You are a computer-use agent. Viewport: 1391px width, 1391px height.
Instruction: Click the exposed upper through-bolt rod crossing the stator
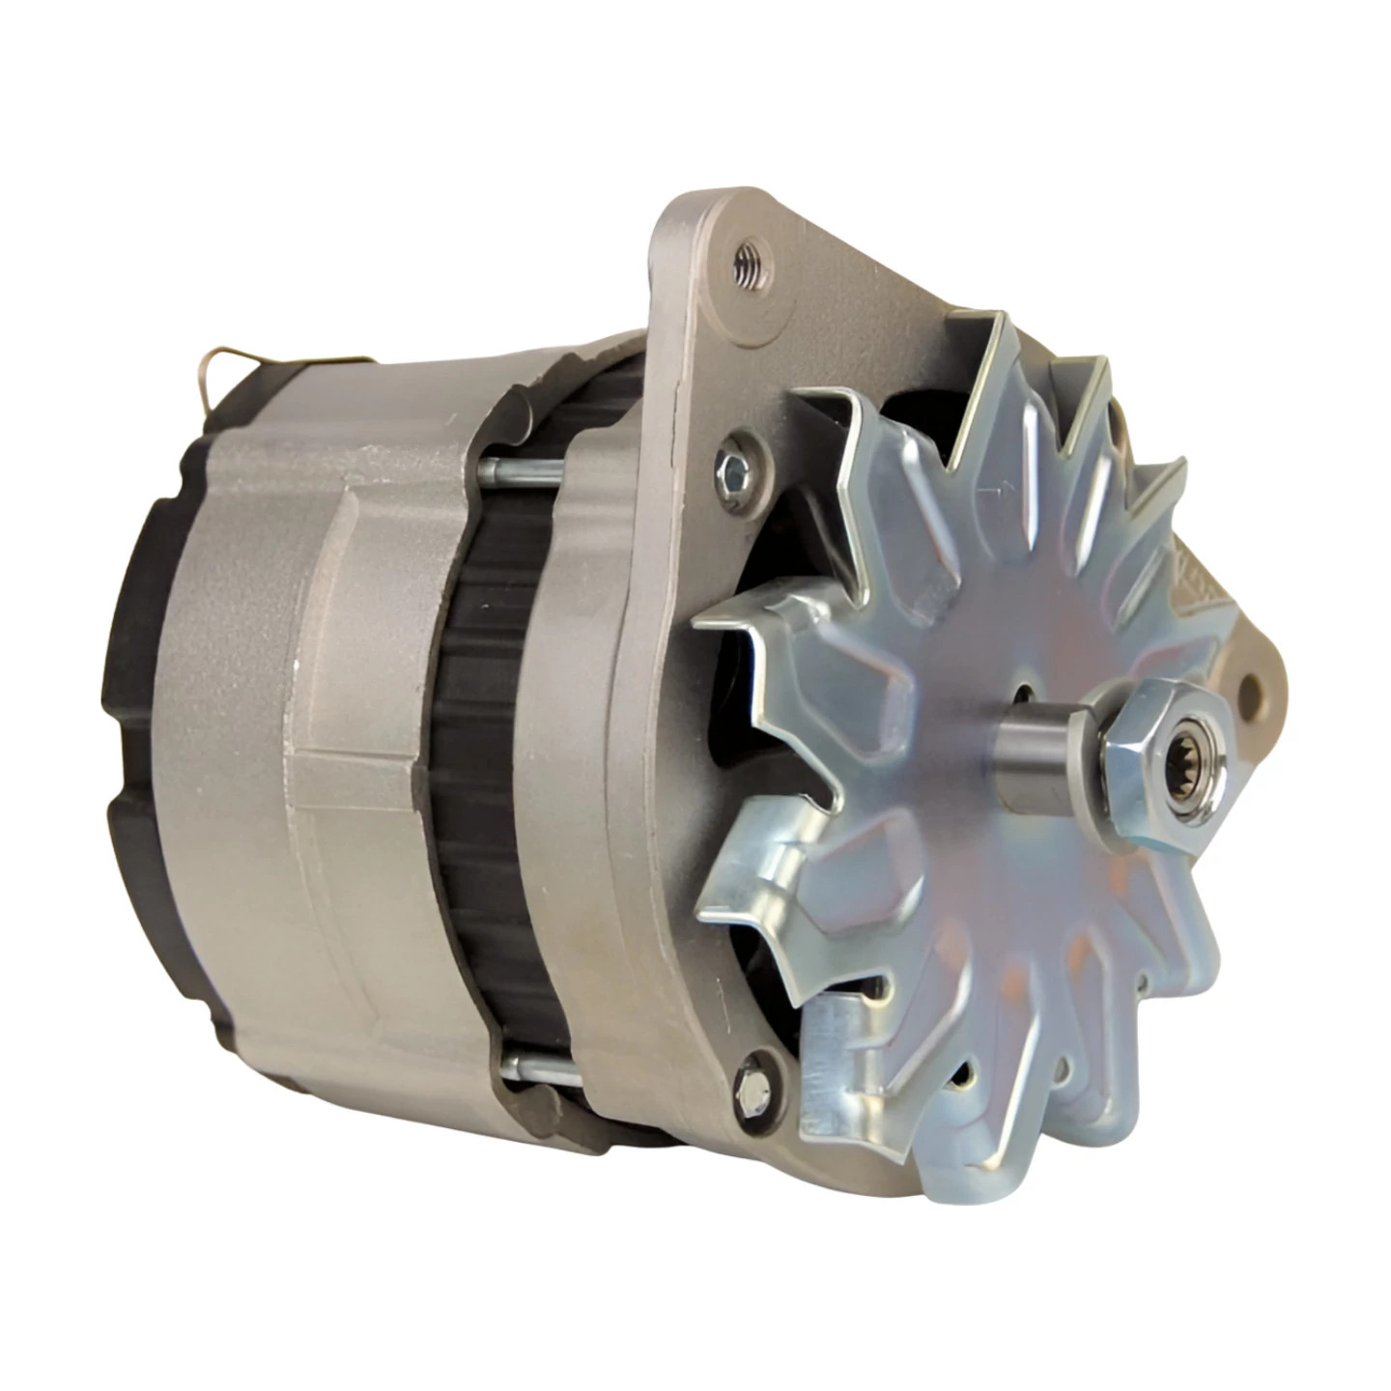tap(522, 470)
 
